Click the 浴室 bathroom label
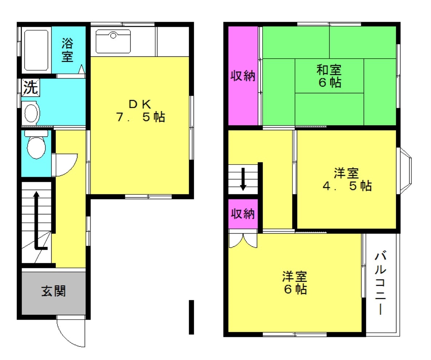coord(67,50)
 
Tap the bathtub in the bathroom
coord(36,50)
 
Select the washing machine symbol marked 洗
coord(31,87)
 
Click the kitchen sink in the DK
coord(113,41)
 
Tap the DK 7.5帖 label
coord(140,111)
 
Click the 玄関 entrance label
coord(53,291)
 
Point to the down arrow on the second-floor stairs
coord(243,179)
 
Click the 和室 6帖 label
coord(329,76)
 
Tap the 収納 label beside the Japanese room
coord(243,76)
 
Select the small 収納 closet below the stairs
coord(243,214)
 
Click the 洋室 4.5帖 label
coord(347,179)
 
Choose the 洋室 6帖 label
coord(295,282)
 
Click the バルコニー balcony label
coord(381,282)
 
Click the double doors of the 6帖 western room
coord(243,240)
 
